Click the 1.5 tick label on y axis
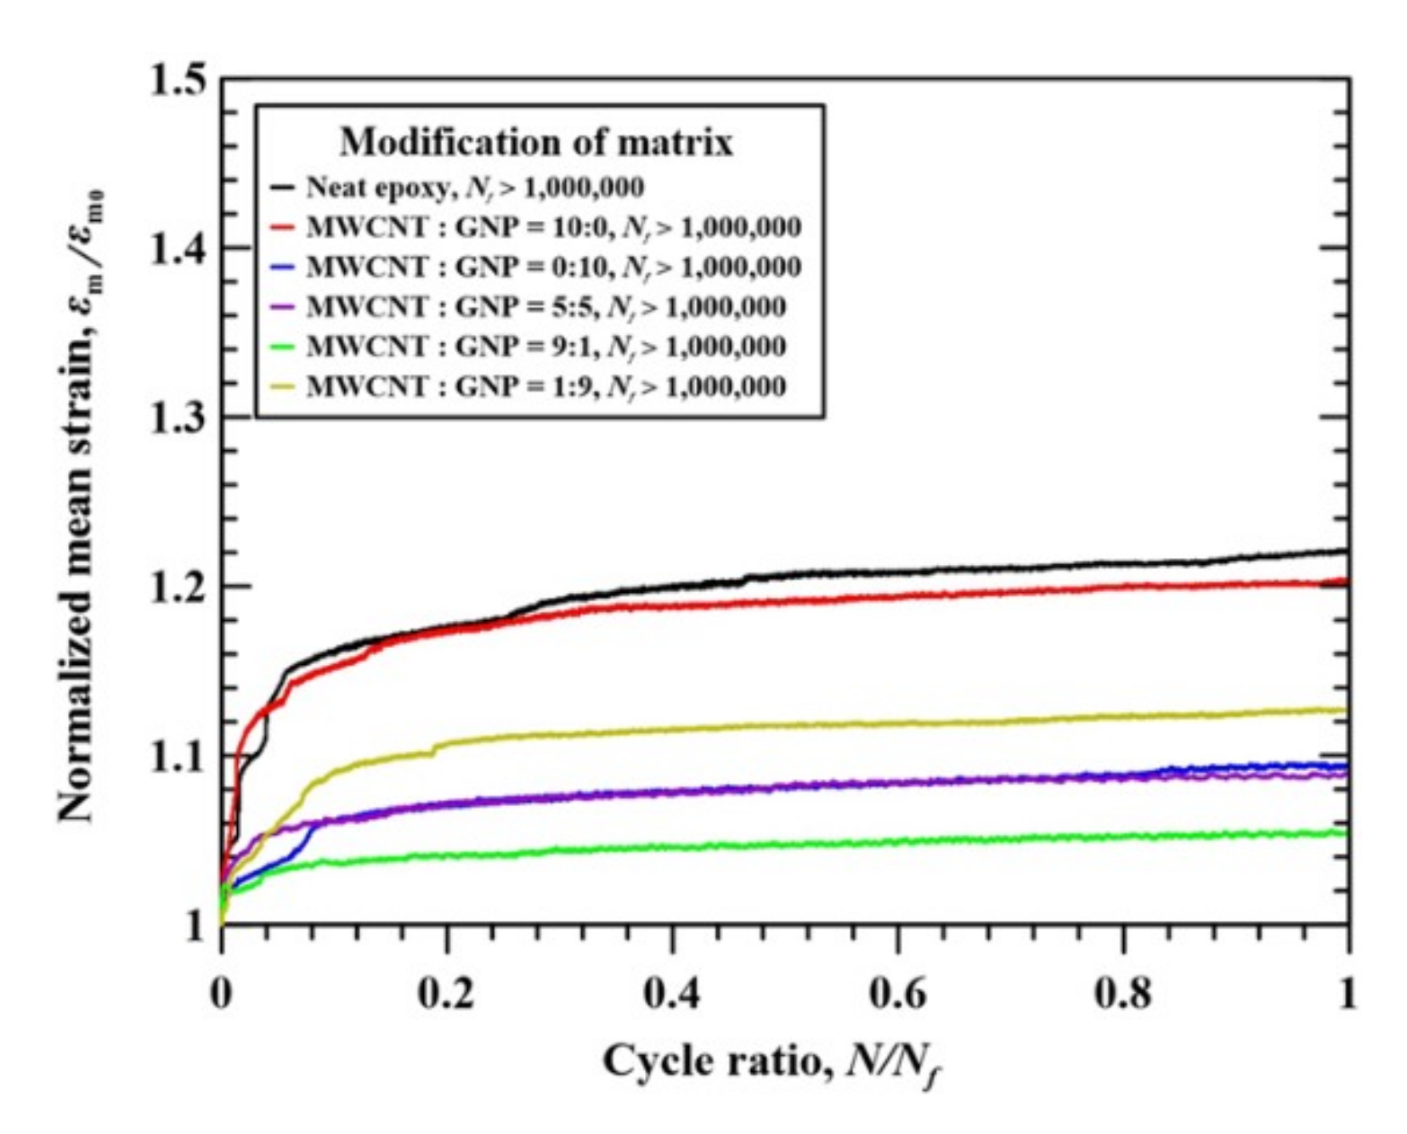[177, 81]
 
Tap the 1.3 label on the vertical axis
[177, 418]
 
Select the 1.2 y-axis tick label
[177, 587]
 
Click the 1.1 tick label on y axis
[177, 756]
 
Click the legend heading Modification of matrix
[536, 142]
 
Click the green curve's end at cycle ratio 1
[1346, 832]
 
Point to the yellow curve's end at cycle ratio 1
[1346, 710]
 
